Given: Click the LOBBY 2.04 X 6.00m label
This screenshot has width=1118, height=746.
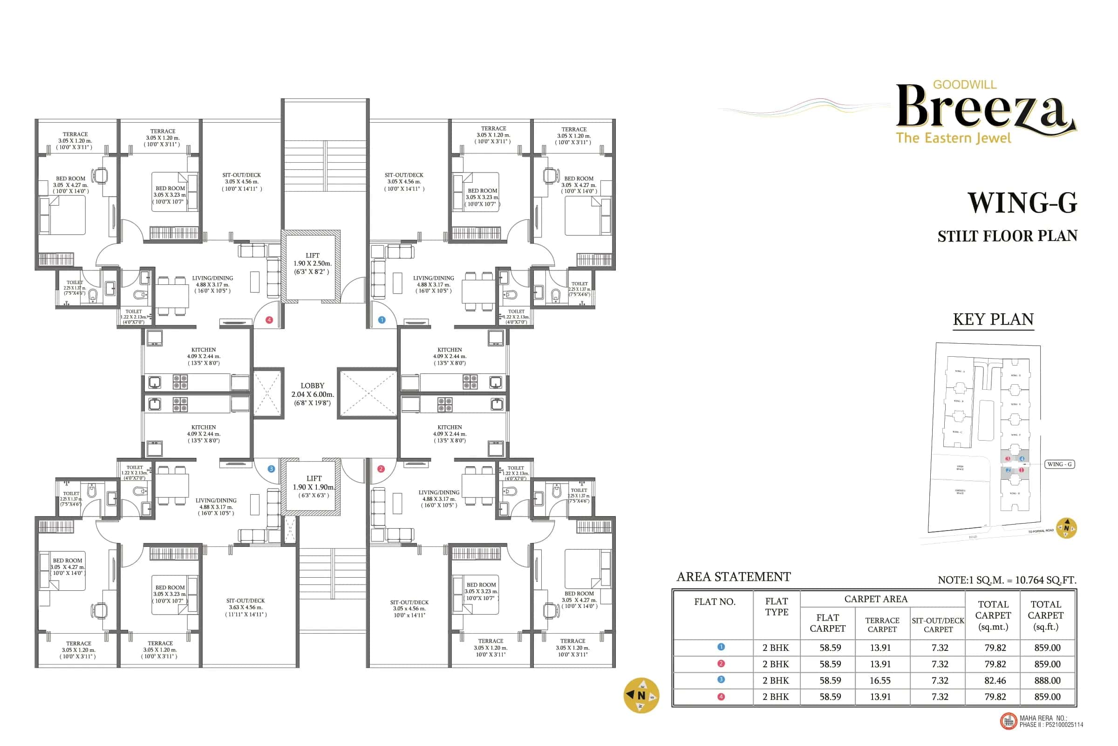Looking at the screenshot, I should point(312,394).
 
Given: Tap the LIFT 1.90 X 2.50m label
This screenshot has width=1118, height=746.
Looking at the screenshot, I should point(312,263).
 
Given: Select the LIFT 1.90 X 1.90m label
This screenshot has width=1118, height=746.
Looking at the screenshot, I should point(314,487).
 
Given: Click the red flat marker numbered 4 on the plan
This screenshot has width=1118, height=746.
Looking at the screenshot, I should point(269,320).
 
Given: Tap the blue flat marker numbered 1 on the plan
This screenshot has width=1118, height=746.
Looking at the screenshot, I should point(382,320).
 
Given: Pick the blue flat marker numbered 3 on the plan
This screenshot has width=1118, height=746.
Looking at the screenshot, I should point(271,469).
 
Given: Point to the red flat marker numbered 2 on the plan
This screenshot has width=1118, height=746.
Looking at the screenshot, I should point(381,469).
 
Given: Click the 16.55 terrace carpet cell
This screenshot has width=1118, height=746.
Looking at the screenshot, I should point(880,680).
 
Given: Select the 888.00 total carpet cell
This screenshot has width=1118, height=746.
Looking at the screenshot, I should point(1047,680).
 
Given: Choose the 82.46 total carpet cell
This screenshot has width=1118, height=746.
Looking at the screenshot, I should point(995,680).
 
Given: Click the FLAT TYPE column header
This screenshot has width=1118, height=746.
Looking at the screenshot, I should point(776,607).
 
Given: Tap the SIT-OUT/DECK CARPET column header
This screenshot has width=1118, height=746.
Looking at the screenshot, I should point(938,625).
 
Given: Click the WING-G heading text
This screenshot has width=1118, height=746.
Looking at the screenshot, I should point(1022,203).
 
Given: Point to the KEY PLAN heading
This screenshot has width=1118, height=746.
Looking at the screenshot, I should point(993,319).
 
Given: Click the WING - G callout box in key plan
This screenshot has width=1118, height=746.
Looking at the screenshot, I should point(1059,464).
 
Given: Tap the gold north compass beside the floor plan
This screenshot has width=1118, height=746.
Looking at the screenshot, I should point(641,695).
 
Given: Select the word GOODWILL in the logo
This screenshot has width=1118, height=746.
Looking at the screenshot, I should point(964,85).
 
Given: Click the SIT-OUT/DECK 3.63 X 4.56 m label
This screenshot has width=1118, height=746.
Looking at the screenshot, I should point(245,607).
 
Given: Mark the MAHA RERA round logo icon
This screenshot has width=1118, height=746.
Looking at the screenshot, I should point(1008,721).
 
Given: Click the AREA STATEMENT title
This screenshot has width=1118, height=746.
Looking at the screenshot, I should point(733,577).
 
